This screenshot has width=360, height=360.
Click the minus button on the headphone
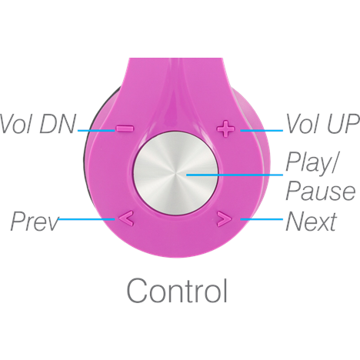click(125, 128)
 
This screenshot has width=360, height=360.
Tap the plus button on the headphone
click(225, 128)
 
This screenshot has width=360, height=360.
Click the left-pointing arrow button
click(126, 218)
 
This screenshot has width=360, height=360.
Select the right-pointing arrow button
click(225, 219)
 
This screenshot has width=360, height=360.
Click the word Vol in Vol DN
click(17, 124)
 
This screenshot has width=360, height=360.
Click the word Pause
click(321, 191)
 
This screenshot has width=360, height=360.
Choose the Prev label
click(35, 221)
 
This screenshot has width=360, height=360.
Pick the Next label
click(311, 221)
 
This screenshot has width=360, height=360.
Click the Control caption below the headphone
click(177, 291)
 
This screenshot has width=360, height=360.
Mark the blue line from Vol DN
click(96, 131)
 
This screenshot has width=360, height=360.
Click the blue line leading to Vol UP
click(262, 131)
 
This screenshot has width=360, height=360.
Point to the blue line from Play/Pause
click(235, 175)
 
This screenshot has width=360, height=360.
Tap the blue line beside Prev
click(86, 219)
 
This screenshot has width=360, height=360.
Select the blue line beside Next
click(262, 219)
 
